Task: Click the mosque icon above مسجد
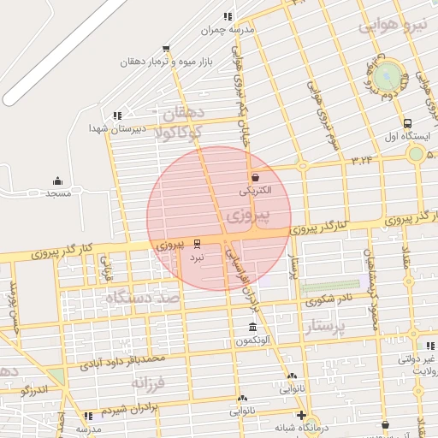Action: [57, 181]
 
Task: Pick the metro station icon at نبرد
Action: [198, 244]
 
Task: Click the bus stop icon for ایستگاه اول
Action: [407, 123]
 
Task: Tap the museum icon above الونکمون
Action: [252, 328]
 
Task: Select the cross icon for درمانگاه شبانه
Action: [301, 415]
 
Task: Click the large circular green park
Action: [389, 75]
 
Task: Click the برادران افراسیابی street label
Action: [240, 273]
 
